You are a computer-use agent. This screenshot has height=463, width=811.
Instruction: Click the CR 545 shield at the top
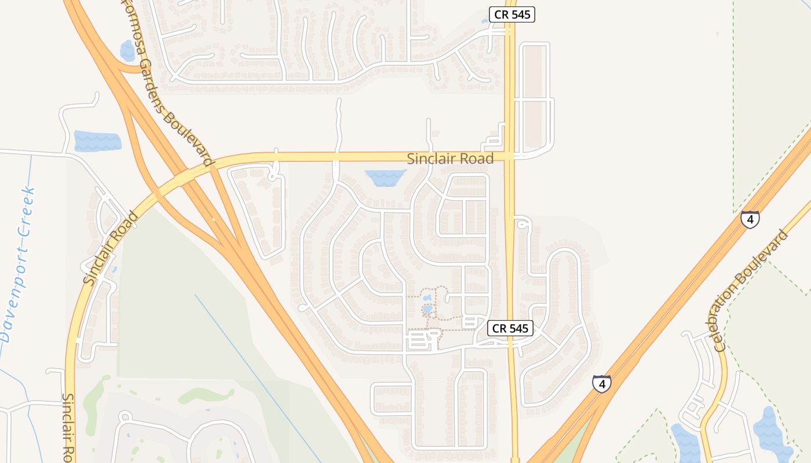512,15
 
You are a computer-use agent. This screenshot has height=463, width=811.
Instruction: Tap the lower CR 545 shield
510,329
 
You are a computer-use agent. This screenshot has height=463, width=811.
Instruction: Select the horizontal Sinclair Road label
450,159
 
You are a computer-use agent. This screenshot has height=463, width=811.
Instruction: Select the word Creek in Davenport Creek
27,211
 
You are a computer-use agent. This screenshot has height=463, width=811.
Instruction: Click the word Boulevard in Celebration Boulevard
769,255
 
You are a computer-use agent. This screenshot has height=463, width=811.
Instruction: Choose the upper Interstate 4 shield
750,219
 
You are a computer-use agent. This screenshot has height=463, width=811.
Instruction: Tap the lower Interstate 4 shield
602,383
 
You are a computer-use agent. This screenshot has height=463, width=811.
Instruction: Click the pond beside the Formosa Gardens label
127,50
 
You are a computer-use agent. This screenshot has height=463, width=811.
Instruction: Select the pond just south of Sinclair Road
385,178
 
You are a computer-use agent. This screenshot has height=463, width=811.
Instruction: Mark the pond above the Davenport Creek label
97,141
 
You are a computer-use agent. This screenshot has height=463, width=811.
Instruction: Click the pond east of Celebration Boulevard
770,431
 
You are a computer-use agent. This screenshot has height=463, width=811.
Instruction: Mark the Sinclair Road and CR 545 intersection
510,156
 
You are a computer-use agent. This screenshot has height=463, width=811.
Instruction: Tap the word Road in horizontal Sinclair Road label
474,159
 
